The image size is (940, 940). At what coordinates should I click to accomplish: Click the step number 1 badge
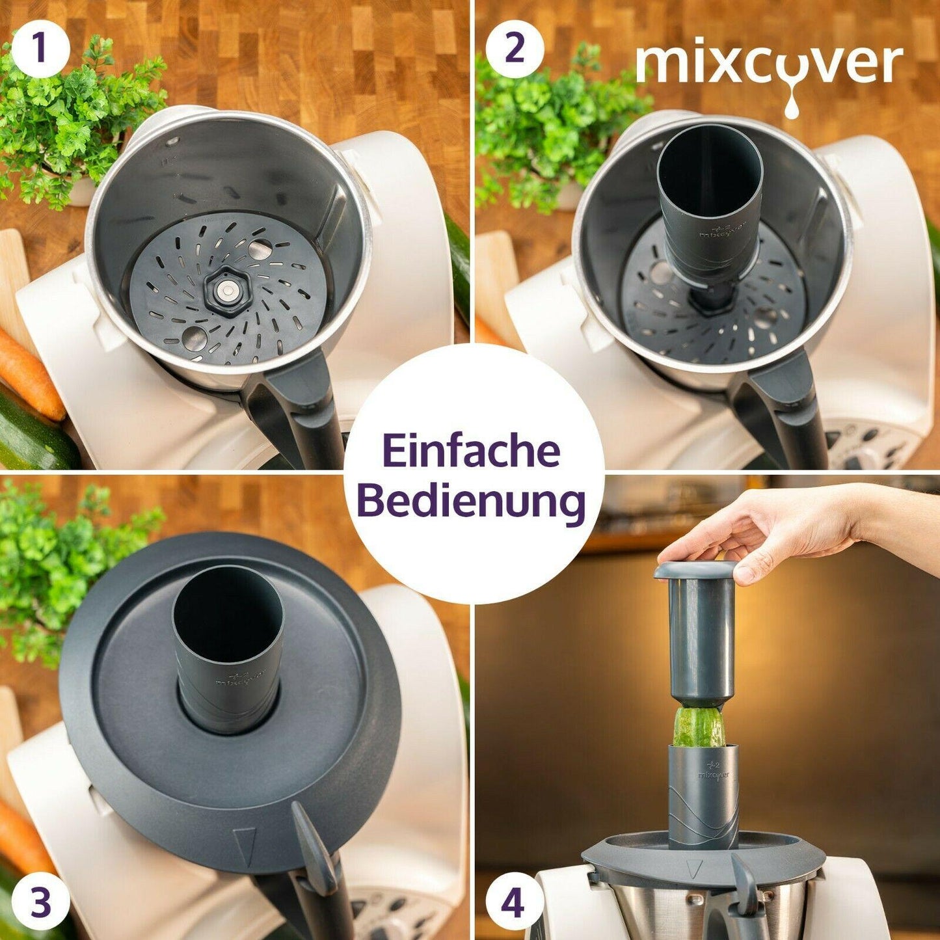click(x=39, y=51)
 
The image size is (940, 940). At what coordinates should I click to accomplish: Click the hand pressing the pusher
click(x=800, y=530)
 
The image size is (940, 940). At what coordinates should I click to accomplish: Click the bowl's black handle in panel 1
click(x=293, y=405)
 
